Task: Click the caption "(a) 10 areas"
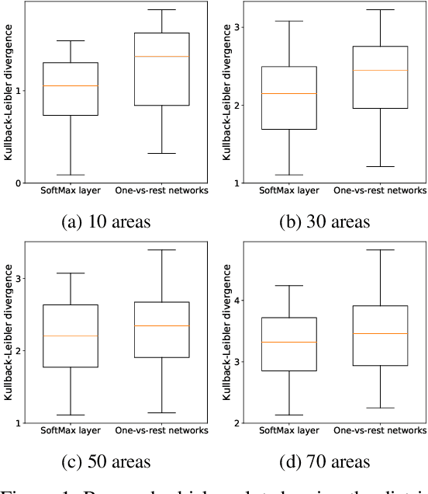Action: [107, 221]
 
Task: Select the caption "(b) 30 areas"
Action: [326, 221]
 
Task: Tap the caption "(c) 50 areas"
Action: [107, 461]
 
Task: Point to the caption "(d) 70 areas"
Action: [326, 461]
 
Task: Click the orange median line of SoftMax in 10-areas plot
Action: [71, 85]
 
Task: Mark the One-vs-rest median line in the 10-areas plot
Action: [162, 56]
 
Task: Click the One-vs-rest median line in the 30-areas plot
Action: [380, 70]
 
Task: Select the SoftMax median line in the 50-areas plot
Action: [71, 336]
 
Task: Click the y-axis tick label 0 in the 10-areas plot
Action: [17, 183]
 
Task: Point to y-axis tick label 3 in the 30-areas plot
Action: [236, 28]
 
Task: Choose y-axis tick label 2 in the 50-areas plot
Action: [17, 351]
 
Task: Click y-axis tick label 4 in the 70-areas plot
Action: [236, 301]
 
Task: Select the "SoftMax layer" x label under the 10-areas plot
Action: [71, 191]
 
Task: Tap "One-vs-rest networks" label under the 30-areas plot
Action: [380, 191]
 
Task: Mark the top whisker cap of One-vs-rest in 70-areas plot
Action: [380, 250]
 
